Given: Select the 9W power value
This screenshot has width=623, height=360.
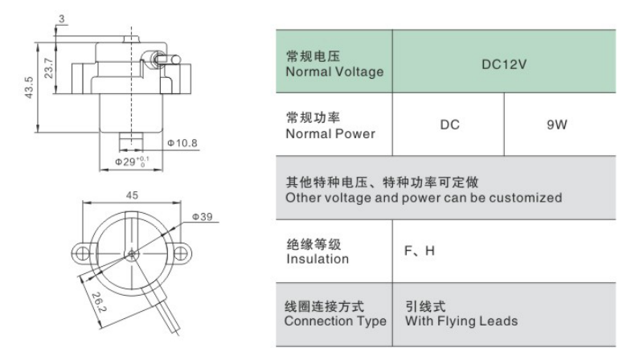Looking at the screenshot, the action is (x=556, y=125).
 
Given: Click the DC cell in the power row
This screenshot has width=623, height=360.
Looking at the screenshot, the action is (x=449, y=125).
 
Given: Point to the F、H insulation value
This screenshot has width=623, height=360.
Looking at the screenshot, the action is (x=419, y=251).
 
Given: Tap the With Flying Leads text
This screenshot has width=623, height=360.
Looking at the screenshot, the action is (x=461, y=321).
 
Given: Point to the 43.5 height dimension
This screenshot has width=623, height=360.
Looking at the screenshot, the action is (x=29, y=88).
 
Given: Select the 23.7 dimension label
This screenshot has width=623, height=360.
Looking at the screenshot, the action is (x=48, y=68).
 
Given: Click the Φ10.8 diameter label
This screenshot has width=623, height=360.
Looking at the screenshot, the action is (x=182, y=143).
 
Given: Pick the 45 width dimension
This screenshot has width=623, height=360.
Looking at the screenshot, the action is (x=132, y=195).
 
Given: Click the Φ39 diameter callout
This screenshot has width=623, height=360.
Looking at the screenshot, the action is (x=202, y=216).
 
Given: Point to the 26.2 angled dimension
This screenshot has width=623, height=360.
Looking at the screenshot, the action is (x=99, y=302).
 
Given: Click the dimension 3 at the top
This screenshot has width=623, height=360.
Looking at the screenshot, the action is (x=61, y=18).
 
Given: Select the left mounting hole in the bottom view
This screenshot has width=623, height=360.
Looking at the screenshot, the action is (x=82, y=253).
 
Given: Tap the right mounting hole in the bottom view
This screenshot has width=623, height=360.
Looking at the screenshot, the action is (x=180, y=253).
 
